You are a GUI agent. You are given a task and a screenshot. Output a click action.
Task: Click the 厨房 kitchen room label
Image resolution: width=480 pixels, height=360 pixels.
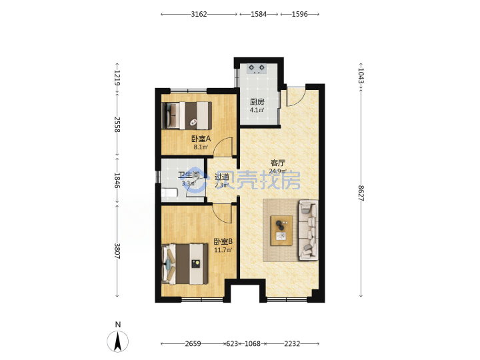(x=257, y=101)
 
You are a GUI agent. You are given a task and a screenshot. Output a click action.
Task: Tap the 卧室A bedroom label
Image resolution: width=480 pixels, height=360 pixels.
(x=201, y=139)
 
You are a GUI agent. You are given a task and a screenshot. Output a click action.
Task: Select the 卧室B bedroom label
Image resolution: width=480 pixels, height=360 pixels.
(x=223, y=242)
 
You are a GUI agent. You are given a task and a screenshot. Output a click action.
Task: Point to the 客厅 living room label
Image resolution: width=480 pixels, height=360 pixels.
(x=278, y=163)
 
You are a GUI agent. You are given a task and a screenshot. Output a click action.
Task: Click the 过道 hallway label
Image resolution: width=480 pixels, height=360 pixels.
(x=221, y=177)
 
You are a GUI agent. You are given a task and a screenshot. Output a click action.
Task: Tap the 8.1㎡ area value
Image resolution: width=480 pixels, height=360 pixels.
(x=201, y=147)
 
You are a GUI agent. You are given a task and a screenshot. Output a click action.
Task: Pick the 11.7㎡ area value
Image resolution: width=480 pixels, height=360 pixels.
(x=223, y=250)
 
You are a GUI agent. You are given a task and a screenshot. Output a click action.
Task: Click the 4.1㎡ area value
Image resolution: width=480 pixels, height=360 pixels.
(x=257, y=110)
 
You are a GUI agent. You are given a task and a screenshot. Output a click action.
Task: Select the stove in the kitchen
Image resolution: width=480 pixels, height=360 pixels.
(x=257, y=69)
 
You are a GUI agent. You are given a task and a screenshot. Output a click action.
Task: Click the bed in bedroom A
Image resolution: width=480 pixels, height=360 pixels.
(x=187, y=115)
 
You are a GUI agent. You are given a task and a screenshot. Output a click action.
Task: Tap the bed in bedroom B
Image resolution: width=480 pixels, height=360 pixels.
(x=185, y=264)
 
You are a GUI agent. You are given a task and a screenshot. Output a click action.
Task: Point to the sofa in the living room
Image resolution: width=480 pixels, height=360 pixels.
(x=309, y=230)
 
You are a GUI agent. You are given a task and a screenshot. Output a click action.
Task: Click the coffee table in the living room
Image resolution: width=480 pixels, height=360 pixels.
(x=281, y=231)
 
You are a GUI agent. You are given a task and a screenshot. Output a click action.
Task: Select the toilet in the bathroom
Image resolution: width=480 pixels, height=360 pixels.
(x=169, y=193)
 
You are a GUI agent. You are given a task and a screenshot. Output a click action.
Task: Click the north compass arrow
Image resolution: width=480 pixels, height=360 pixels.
(x=117, y=341)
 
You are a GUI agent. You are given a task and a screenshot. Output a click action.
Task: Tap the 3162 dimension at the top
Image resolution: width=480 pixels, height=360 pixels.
(x=199, y=14)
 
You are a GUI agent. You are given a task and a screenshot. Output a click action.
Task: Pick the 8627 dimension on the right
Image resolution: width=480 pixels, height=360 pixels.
(x=361, y=193)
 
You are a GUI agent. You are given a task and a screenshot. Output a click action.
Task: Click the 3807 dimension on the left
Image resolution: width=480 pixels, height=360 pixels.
(x=117, y=251)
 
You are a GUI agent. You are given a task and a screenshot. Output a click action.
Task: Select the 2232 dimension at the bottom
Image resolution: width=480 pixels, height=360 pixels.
(x=292, y=344)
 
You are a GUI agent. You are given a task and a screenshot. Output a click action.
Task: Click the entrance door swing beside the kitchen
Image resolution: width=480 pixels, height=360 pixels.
(x=296, y=95)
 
